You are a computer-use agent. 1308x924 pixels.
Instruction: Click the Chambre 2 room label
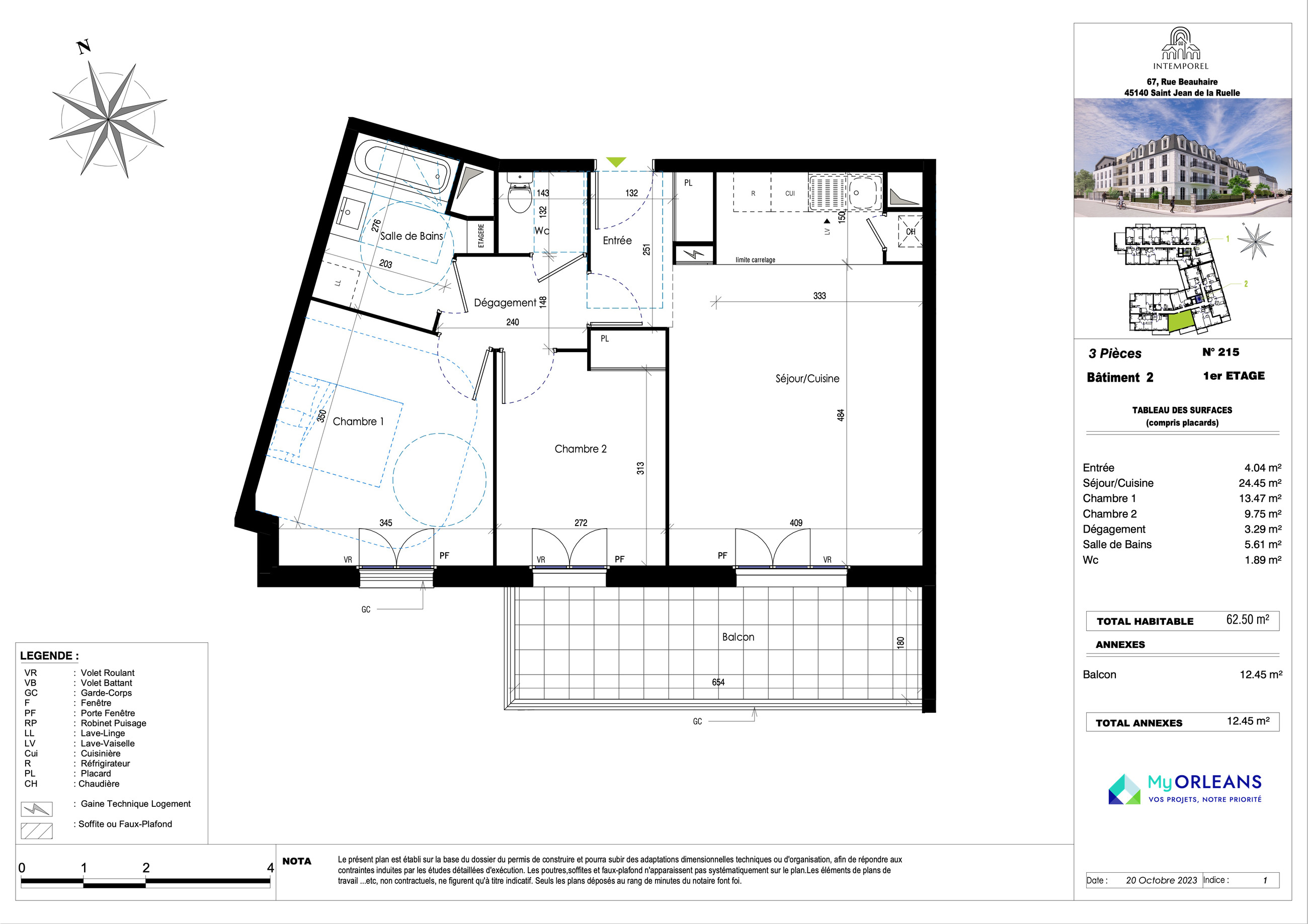(x=581, y=449)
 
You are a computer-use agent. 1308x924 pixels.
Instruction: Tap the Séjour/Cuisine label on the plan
(x=807, y=379)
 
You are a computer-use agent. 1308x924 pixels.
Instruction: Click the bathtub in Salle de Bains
(x=406, y=168)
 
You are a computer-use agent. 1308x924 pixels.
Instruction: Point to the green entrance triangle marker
(x=616, y=162)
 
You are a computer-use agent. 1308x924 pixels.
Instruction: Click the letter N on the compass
(x=84, y=47)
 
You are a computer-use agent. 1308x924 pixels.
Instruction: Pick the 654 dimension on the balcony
(x=718, y=682)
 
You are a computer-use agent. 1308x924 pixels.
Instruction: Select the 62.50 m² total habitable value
(x=1248, y=620)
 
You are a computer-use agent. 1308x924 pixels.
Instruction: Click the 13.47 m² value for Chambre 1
(x=1260, y=498)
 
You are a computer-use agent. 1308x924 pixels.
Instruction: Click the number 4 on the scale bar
(x=271, y=868)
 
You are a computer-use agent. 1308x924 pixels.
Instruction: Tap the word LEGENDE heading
(x=47, y=656)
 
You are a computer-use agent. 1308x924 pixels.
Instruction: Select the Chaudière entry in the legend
(x=99, y=784)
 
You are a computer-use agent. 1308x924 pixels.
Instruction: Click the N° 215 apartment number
(x=1221, y=352)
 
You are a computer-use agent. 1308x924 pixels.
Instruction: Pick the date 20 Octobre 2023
(x=1162, y=880)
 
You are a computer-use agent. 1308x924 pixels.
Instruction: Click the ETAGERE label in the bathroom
(x=481, y=235)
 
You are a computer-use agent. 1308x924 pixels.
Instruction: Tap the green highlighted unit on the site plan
(x=1180, y=322)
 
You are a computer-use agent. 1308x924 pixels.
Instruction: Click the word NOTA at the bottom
(x=297, y=861)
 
